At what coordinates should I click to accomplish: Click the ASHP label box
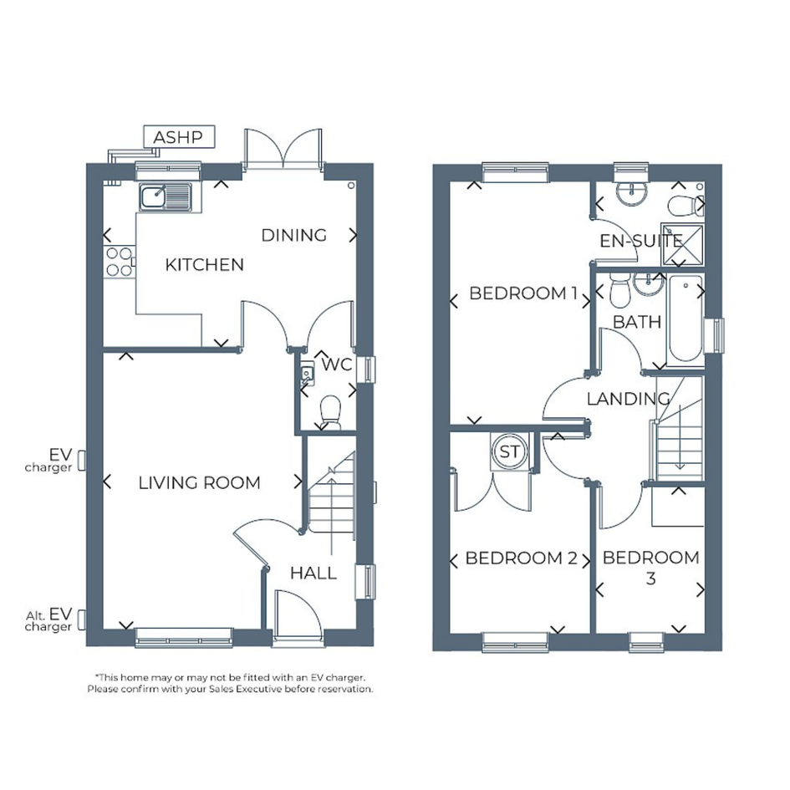(x=180, y=136)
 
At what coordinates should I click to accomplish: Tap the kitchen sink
(x=166, y=197)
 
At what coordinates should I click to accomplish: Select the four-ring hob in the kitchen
(x=120, y=262)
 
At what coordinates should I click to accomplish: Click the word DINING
(x=294, y=235)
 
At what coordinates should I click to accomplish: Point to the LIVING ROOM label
(x=200, y=482)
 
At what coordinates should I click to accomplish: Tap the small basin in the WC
(x=307, y=374)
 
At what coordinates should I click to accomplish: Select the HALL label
(x=313, y=573)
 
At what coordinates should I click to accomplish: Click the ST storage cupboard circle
(x=509, y=452)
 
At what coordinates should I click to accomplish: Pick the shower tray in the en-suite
(x=683, y=245)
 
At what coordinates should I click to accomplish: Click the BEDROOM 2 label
(x=522, y=558)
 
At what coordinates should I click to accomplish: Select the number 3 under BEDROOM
(x=651, y=578)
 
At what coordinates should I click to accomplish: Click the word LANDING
(x=629, y=399)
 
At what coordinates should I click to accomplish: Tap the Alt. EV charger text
(x=48, y=619)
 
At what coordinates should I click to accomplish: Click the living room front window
(x=184, y=637)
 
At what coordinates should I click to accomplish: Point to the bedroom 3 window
(x=646, y=642)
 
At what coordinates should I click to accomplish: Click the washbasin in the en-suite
(x=631, y=193)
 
